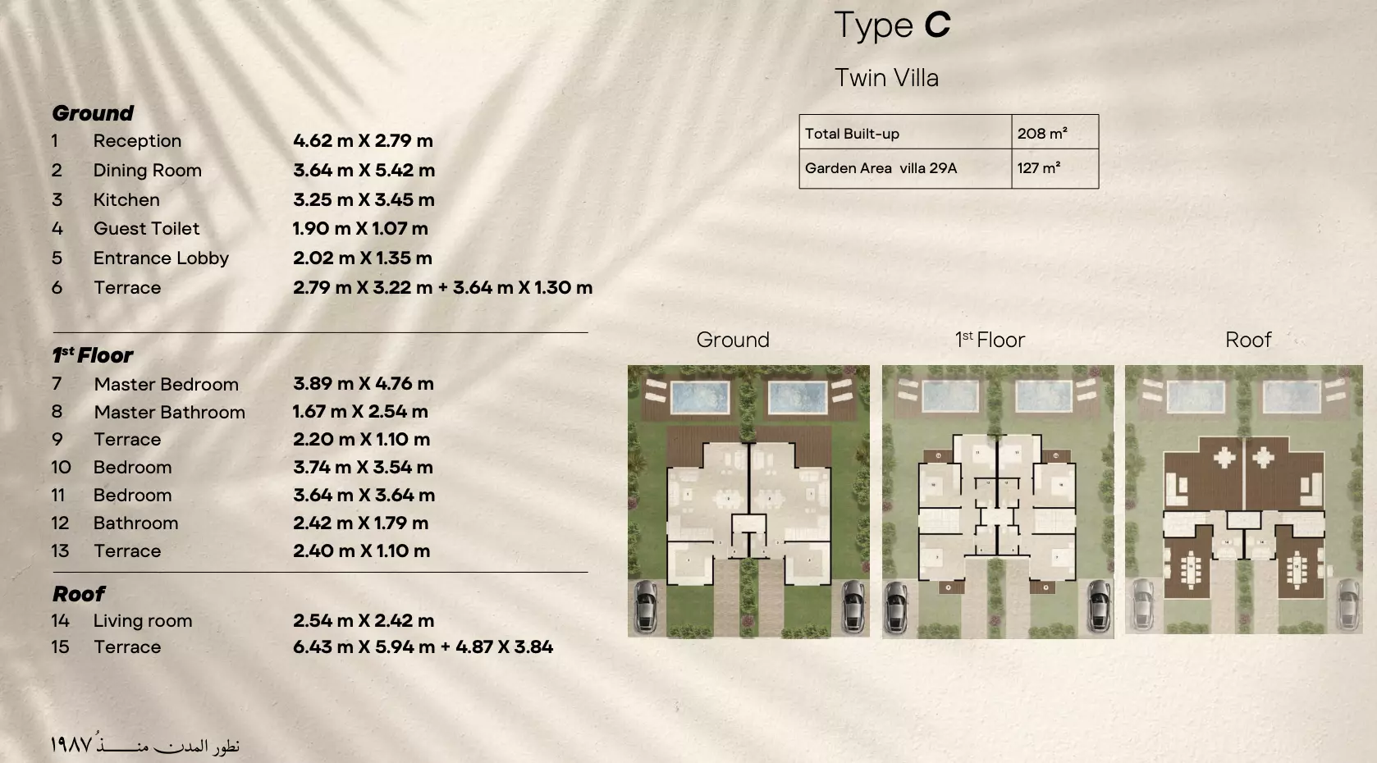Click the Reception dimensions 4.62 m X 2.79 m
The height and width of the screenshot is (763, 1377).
(363, 140)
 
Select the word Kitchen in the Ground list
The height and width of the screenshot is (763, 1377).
(126, 199)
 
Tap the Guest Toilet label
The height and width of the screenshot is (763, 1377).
(146, 229)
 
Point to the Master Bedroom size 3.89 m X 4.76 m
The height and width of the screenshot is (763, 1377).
(363, 383)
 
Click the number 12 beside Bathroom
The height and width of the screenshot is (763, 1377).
(60, 523)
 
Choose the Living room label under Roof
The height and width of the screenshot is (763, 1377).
(143, 620)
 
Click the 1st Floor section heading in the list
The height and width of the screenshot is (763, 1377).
(92, 355)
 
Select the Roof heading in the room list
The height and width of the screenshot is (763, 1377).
(79, 593)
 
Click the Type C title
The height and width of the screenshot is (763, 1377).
(892, 25)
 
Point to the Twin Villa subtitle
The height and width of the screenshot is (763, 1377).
(886, 78)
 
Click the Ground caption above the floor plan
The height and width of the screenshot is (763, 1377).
(733, 340)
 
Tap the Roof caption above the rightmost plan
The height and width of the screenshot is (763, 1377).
(1247, 340)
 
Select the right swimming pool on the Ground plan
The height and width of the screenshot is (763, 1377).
(797, 399)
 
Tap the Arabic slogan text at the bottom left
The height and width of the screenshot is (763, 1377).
(144, 745)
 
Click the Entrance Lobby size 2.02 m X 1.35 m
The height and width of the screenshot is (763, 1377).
(362, 258)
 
